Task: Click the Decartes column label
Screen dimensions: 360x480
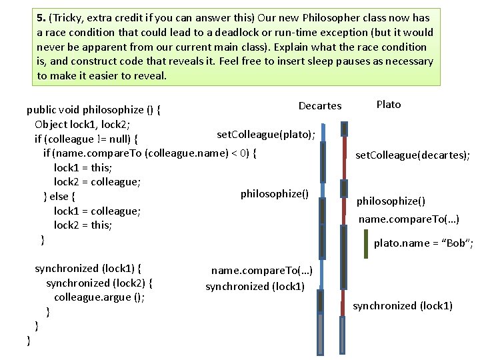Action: tap(320, 105)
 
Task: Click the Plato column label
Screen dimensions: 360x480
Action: tap(389, 104)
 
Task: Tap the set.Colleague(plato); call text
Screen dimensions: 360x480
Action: tap(266, 135)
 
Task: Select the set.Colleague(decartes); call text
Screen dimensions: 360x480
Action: tap(412, 155)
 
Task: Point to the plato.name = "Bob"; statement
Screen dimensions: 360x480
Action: tap(423, 243)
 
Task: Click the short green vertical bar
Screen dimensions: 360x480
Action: tap(366, 243)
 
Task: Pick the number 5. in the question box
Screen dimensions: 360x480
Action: tap(43, 18)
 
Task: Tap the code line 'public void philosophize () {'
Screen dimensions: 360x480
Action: tap(97, 109)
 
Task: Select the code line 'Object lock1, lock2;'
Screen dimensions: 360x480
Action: tap(82, 124)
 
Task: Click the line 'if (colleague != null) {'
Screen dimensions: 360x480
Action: tap(86, 139)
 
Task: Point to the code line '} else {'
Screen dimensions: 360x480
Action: tap(59, 196)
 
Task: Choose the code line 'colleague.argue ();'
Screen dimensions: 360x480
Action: tap(99, 297)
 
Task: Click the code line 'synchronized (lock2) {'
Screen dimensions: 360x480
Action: tap(99, 283)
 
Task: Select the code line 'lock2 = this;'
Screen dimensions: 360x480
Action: tap(83, 225)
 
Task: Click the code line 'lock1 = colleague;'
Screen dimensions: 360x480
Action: tap(97, 211)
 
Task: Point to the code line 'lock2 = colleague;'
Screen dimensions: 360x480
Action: tap(97, 181)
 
